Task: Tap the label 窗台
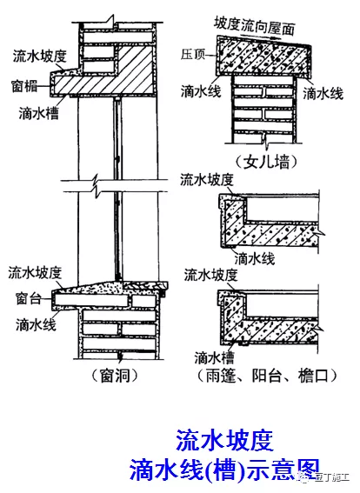26,296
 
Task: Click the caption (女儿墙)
259,161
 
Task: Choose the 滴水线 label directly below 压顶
200,90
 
